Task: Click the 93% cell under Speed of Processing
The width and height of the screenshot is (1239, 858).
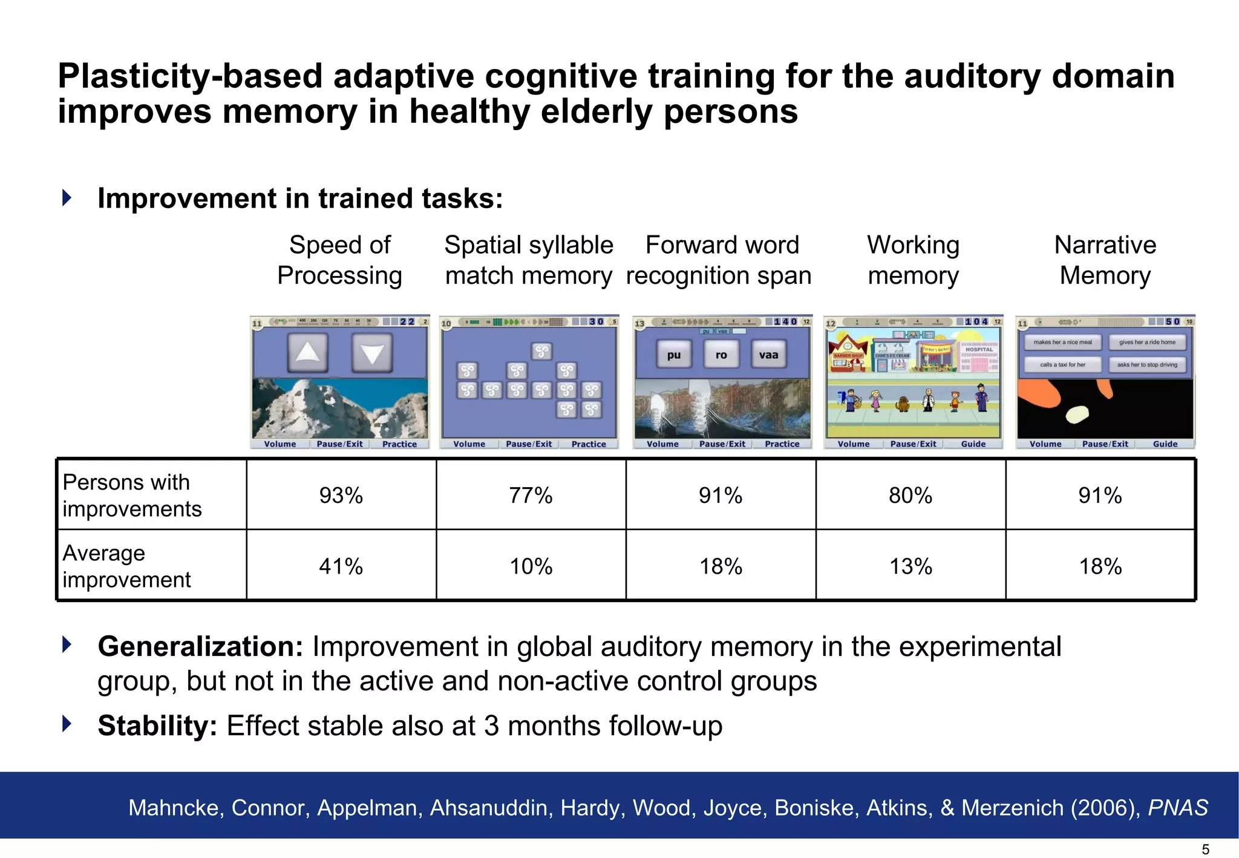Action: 341,496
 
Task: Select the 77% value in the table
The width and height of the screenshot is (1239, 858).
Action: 531,496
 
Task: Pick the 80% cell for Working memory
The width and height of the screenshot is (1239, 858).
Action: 910,496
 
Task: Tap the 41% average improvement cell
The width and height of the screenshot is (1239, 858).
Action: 341,566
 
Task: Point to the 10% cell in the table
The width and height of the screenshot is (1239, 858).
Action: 531,566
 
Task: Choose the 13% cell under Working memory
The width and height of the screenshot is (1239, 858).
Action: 910,566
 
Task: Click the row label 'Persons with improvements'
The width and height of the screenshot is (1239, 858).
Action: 132,496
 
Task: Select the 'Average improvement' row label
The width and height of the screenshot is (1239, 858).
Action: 126,566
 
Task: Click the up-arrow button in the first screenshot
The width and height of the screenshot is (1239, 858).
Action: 308,352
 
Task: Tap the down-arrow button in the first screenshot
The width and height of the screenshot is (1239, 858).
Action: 372,352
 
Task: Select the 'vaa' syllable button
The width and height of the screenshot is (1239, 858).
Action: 768,355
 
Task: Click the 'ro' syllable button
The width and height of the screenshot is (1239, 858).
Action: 721,355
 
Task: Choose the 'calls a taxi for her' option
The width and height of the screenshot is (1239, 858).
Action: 1062,365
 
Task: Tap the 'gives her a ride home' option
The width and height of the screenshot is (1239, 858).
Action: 1147,342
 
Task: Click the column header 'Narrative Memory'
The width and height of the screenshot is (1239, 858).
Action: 1105,260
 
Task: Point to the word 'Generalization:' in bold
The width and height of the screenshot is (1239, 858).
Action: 200,647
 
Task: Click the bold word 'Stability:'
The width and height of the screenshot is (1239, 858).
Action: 157,725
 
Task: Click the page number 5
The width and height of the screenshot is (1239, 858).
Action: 1205,850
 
